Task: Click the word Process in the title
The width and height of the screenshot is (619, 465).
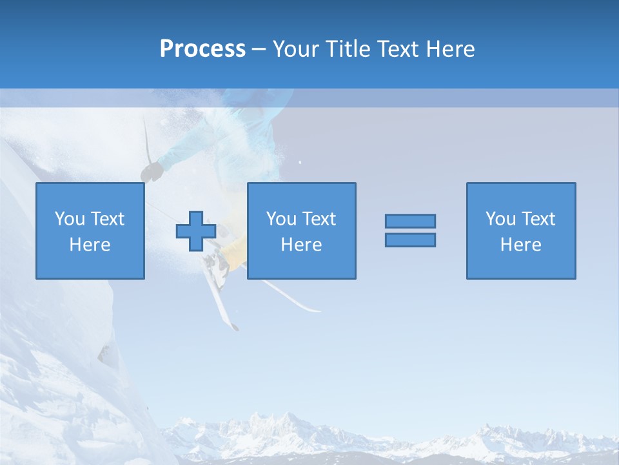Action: pos(202,48)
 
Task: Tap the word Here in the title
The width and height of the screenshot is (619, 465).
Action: pos(451,48)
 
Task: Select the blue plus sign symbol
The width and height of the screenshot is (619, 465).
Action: pos(196,231)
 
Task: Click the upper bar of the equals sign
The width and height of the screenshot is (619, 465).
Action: pos(410,221)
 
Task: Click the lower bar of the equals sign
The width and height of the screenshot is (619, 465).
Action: pos(410,240)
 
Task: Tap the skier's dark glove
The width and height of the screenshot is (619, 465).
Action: pos(152,171)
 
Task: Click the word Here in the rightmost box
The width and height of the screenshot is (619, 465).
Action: pos(521,245)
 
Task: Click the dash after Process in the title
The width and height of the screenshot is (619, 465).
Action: pos(258,49)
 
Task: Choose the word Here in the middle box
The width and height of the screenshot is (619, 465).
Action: pos(302,245)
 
